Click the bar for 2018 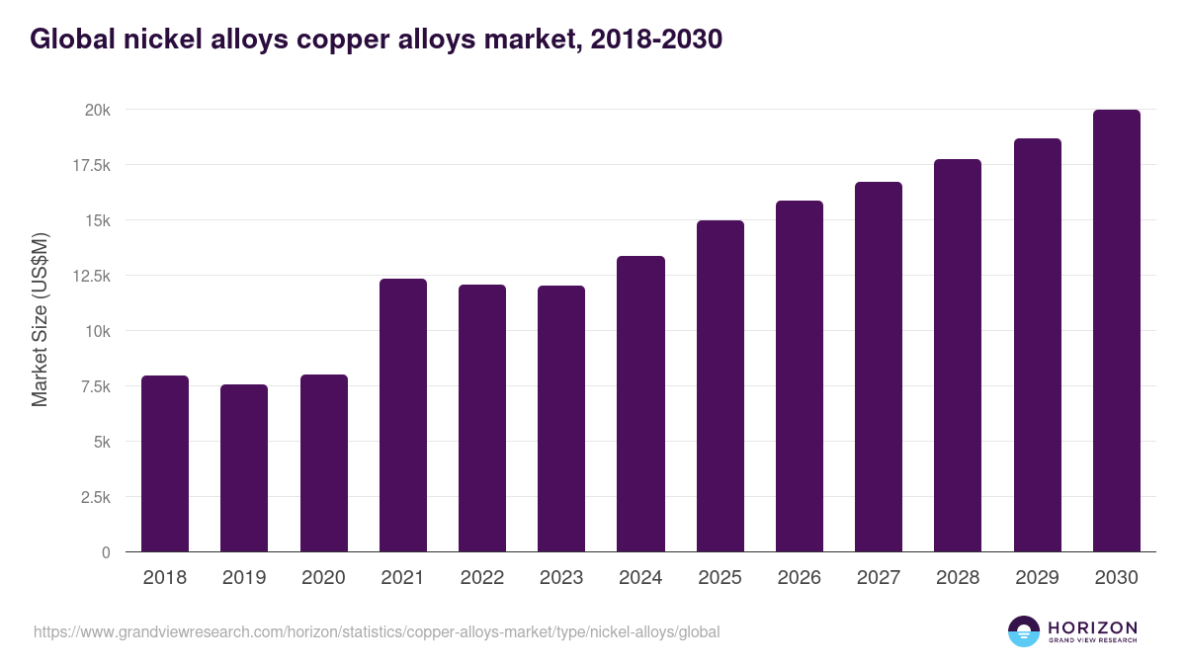165,463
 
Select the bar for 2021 403,415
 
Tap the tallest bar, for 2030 1116,331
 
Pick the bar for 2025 720,385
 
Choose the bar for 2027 879,367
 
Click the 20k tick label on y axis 97,110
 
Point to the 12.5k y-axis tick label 90,276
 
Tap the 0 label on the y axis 105,552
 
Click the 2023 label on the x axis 561,578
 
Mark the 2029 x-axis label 1037,578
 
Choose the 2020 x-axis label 323,578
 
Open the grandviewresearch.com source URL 377,631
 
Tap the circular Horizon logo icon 1024,631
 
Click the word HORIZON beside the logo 1093,626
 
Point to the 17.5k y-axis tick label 90,165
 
